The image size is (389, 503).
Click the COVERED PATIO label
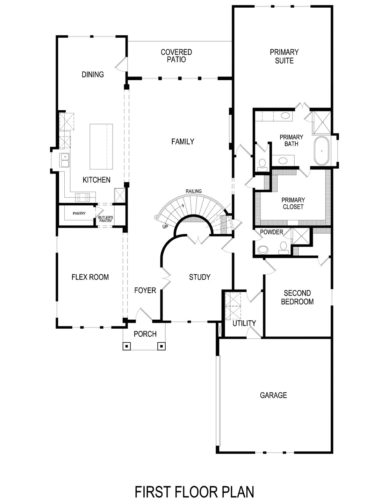pos(176,56)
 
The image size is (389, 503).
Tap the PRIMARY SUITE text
pos(284,56)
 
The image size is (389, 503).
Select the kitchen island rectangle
pos(101,146)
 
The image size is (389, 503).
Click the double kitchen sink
pos(64,161)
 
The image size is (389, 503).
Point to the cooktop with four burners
pos(83,197)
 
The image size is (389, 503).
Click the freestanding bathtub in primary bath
pos(322,151)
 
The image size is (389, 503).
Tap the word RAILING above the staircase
pos(193,191)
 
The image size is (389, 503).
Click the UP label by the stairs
pos(165,227)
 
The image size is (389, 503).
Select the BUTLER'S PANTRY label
pos(105,219)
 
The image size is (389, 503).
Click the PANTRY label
pos(79,213)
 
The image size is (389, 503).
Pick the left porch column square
pos(127,346)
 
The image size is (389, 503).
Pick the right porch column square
pos(161,346)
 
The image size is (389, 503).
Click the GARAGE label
pos(273,395)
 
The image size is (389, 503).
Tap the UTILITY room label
pos(244,323)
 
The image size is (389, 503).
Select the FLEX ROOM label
pos(90,277)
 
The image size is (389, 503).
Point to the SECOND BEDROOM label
pos(297,297)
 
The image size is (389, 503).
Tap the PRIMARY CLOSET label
pos(293,203)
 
